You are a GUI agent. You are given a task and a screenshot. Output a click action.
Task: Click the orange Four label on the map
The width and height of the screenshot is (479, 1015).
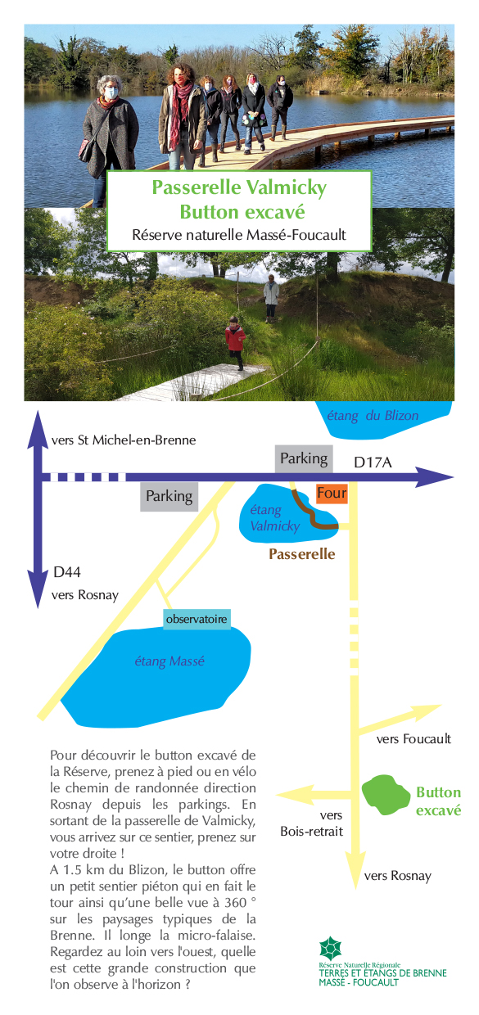pos(332,493)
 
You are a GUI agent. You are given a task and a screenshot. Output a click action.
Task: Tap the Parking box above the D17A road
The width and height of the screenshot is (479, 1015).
pos(304,458)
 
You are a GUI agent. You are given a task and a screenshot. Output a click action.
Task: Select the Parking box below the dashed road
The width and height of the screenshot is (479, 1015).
pos(169,497)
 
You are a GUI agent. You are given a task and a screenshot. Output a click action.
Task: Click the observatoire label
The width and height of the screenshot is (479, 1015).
pos(197,619)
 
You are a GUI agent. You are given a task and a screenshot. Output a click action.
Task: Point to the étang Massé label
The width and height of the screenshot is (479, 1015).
pos(169,661)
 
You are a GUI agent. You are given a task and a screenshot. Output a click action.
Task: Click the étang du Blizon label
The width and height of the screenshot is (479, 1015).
pos(373,416)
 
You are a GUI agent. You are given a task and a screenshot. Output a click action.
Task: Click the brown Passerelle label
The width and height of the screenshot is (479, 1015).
pos(302,553)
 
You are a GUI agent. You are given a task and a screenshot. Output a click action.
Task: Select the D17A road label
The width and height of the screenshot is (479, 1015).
pos(373,462)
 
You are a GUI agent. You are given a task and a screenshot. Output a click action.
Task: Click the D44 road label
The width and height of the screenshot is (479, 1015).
pos(67,572)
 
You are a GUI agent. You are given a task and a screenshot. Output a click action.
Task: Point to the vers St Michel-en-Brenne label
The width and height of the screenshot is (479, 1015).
pos(124,440)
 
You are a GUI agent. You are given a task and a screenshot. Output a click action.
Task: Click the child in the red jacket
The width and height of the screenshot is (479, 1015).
pos(235,342)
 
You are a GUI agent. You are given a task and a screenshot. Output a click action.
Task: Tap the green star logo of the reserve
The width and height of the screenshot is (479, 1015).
pos(330,949)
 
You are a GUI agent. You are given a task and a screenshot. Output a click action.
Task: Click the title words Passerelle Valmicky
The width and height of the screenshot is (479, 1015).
pos(239,187)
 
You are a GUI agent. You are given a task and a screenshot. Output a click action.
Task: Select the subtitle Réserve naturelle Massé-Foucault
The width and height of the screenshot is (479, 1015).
pos(239,235)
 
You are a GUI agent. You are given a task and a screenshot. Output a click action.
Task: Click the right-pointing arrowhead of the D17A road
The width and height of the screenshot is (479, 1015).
pos(434,477)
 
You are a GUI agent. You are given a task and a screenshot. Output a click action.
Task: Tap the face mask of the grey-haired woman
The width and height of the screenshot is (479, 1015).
pos(111,93)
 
